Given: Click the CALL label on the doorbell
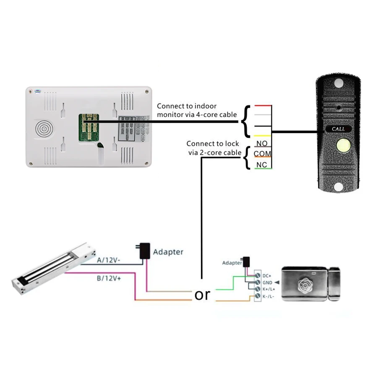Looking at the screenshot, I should [x=338, y=129].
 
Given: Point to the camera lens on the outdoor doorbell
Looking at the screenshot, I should [x=338, y=108].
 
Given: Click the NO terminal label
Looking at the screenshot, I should [x=262, y=144].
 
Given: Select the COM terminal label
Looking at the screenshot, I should [x=262, y=154].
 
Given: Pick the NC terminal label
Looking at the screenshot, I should [x=262, y=165].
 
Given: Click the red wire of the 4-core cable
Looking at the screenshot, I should [x=262, y=106].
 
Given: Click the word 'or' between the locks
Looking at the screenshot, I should [x=202, y=295].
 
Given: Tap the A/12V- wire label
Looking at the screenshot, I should [x=109, y=260].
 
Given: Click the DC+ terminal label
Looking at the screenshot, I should [x=267, y=275].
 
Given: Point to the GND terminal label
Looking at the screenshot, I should [x=267, y=283].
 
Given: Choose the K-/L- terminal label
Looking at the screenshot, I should [x=268, y=297].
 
